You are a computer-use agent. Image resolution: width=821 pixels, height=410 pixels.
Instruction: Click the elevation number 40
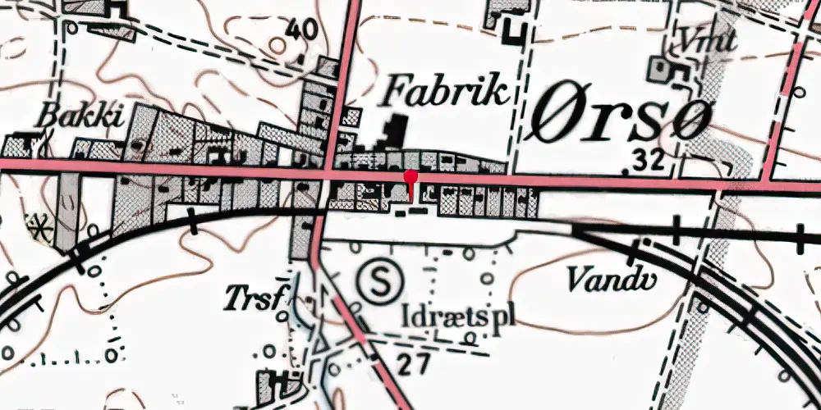pyautogui.click(x=303, y=30)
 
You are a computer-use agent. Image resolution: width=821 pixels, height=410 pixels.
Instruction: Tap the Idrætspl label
pyautogui.click(x=459, y=314)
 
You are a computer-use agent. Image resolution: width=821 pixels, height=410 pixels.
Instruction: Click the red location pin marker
pyautogui.click(x=410, y=177)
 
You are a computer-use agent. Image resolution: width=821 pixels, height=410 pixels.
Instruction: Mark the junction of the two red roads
pyautogui.click(x=331, y=174)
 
